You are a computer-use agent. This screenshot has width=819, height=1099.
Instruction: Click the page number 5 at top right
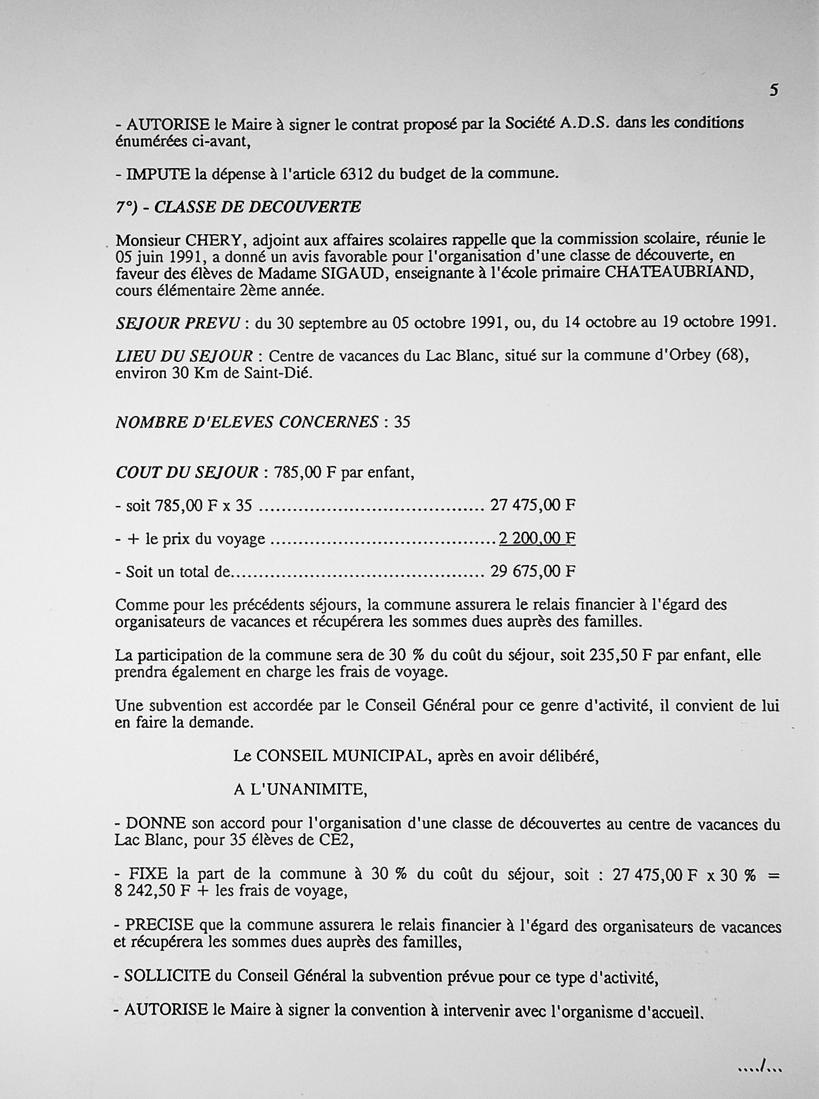(773, 90)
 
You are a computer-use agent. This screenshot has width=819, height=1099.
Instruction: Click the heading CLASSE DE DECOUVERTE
(257, 207)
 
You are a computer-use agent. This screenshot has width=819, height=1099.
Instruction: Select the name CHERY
(213, 240)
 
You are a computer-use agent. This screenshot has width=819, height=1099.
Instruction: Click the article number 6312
(357, 174)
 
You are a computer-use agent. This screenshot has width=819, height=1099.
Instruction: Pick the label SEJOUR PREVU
(178, 323)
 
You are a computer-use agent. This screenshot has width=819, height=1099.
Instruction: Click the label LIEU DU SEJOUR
(184, 356)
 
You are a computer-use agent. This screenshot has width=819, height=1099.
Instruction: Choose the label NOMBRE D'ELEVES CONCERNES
(247, 422)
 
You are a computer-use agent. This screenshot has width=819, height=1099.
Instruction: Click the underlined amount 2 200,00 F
(537, 538)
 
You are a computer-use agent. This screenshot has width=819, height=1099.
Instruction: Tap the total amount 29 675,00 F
(532, 571)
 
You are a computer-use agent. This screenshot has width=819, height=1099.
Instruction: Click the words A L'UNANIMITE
(300, 789)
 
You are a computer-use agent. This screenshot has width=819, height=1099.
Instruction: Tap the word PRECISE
(159, 925)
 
